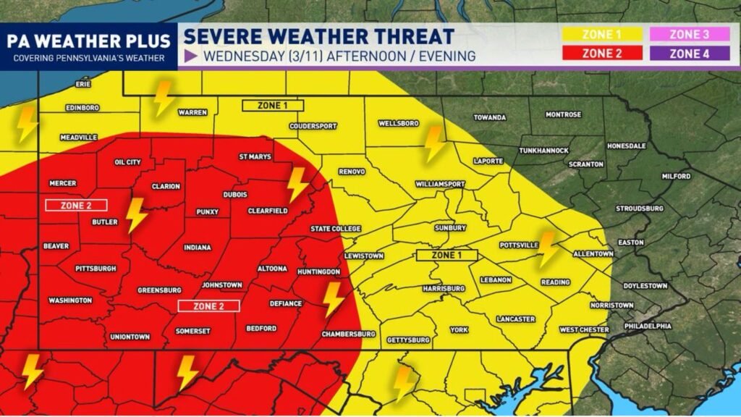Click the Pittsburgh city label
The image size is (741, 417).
tap(96, 269)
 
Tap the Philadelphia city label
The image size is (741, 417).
tap(648, 327)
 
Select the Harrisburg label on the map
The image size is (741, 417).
tap(443, 289)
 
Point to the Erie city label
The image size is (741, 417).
tap(84, 85)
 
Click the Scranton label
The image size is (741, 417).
tap(586, 164)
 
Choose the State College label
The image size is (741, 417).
tap(335, 229)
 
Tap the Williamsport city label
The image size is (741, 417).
tap(440, 185)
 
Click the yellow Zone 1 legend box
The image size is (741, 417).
tap(602, 34)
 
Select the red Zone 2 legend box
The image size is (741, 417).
tap(602, 54)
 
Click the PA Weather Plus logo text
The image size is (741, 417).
tap(88, 40)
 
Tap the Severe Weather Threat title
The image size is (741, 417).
tap(319, 36)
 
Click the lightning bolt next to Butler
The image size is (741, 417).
tap(136, 215)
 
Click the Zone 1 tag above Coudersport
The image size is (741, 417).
tap(271, 106)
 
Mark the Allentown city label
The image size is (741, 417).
tap(593, 254)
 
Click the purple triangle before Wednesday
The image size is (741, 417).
tap(192, 56)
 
